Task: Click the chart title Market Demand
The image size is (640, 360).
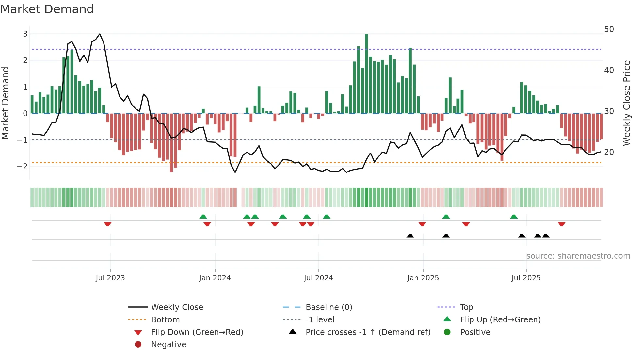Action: click(47, 9)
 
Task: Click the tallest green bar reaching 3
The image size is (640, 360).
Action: click(366, 74)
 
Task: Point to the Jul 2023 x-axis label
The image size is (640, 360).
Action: click(110, 278)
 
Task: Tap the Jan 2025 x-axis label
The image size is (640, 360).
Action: click(423, 278)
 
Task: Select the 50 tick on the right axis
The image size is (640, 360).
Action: click(609, 29)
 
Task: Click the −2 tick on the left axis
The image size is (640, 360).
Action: click(23, 166)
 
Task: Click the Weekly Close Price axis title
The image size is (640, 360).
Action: click(626, 103)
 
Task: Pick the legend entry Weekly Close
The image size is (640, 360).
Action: click(177, 307)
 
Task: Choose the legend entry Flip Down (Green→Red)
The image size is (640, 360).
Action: click(197, 332)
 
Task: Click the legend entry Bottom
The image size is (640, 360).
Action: click(165, 320)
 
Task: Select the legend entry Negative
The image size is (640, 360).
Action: click(168, 345)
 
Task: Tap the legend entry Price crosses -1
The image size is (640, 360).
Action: click(368, 332)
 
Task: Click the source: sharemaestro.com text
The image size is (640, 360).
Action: click(578, 256)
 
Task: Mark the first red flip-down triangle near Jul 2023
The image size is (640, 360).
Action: click(108, 224)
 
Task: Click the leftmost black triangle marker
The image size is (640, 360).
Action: click(410, 236)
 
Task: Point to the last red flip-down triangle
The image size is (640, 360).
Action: click(562, 224)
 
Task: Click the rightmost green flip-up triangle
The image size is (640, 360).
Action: click(514, 217)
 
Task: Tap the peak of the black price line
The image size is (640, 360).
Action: click(100, 34)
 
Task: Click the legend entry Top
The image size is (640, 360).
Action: click(467, 307)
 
